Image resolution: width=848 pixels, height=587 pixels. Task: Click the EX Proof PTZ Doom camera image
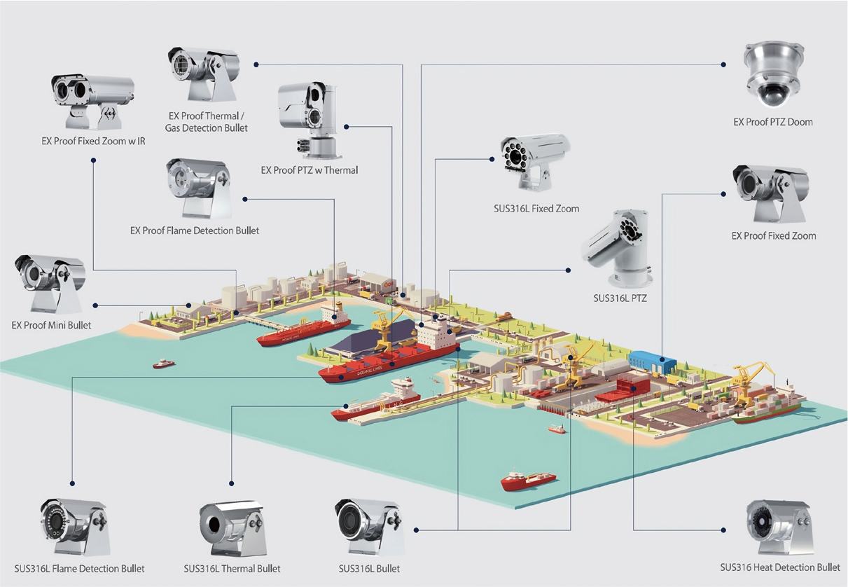point(773,74)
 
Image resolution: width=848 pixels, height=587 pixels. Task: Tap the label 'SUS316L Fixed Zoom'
point(536,209)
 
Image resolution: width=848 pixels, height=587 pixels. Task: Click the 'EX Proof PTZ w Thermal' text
point(310,170)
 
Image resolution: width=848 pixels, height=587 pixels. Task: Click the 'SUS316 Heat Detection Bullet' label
point(780,567)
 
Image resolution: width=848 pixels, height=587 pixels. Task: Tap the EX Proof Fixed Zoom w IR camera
point(92,100)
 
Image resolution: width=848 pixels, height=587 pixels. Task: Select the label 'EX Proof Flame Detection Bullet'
point(195,230)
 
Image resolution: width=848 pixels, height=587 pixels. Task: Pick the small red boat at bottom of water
point(528,481)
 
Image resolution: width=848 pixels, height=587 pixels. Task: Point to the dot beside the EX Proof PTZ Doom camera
point(724,64)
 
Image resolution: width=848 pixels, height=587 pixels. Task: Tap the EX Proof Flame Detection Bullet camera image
point(197,187)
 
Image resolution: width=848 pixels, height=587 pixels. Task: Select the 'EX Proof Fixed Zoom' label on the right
point(774,236)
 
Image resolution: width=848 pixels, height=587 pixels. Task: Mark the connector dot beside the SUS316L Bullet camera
point(415,528)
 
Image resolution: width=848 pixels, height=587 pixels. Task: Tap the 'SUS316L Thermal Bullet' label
point(232,569)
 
